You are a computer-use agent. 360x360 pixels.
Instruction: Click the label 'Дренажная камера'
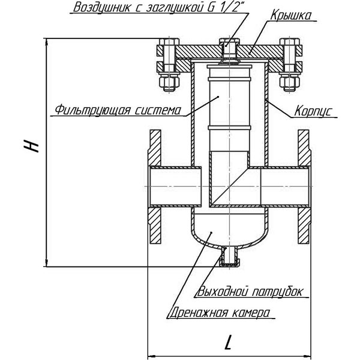(219, 312)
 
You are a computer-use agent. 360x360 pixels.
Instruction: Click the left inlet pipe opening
(174, 187)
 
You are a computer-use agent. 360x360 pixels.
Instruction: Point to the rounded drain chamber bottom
(229, 231)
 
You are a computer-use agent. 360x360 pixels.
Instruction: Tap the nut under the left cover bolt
(167, 81)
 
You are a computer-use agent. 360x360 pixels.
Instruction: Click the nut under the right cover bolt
(290, 81)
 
